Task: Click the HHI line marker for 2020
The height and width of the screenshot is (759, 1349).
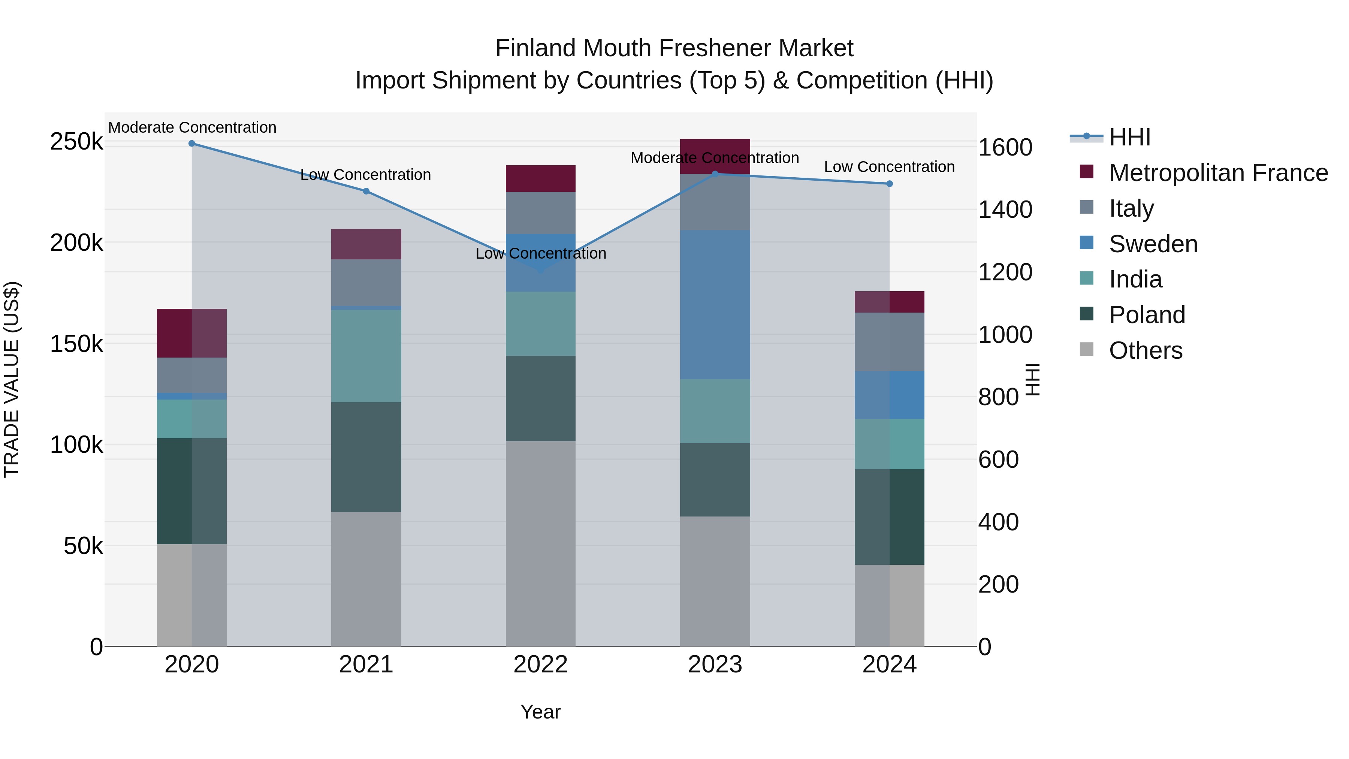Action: pos(191,144)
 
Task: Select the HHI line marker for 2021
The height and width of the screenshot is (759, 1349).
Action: pos(366,191)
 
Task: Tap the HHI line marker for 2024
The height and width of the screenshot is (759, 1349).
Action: pos(889,184)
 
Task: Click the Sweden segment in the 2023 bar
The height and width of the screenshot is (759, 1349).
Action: pos(715,304)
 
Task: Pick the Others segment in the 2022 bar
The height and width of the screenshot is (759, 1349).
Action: pos(540,543)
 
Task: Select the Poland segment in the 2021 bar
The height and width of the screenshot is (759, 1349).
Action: pos(366,457)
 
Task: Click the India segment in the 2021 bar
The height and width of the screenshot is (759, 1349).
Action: pos(366,356)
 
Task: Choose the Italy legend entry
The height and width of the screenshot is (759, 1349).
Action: pos(1131,208)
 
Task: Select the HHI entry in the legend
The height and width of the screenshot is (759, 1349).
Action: pos(1129,137)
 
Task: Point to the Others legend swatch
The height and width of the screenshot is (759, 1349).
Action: pos(1087,349)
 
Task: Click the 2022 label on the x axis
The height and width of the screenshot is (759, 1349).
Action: pos(540,665)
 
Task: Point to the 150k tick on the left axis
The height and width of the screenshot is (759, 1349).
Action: pos(76,344)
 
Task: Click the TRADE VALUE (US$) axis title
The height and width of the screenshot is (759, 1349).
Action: pos(12,379)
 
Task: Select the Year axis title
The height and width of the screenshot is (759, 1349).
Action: pos(540,712)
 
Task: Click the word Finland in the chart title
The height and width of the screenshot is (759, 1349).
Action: pos(536,48)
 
